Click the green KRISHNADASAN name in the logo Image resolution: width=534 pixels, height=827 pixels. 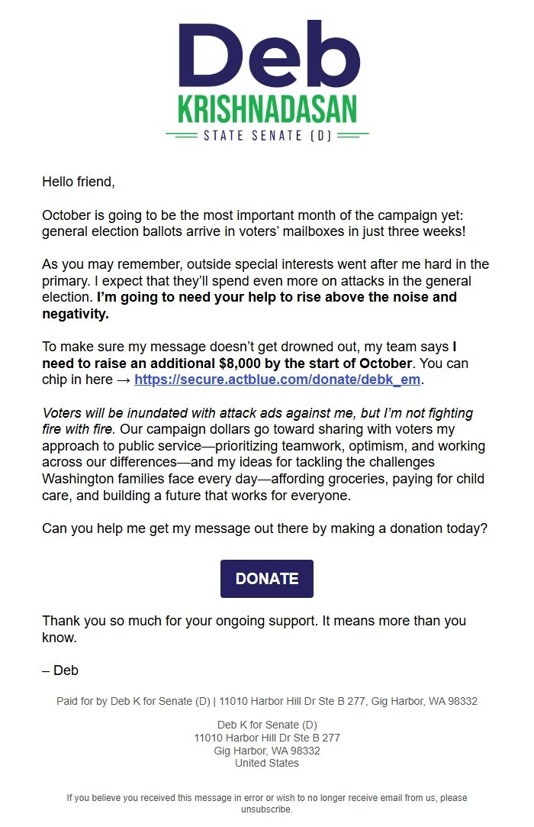coord(267,109)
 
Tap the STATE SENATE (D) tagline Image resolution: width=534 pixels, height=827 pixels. coord(267,136)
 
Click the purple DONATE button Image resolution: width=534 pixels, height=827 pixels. coord(267,579)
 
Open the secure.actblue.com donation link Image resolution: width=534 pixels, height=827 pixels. coord(278,380)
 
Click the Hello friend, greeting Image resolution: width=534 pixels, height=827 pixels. coord(78,182)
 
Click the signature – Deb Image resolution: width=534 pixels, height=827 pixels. coord(60,670)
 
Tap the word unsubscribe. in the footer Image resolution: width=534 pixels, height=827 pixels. coord(267,809)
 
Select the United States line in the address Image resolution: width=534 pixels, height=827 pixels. coord(267,763)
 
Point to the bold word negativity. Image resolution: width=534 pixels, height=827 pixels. coord(76,313)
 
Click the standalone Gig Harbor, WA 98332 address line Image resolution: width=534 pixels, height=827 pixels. coord(267,751)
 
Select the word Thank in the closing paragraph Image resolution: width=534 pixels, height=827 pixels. coord(60,621)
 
